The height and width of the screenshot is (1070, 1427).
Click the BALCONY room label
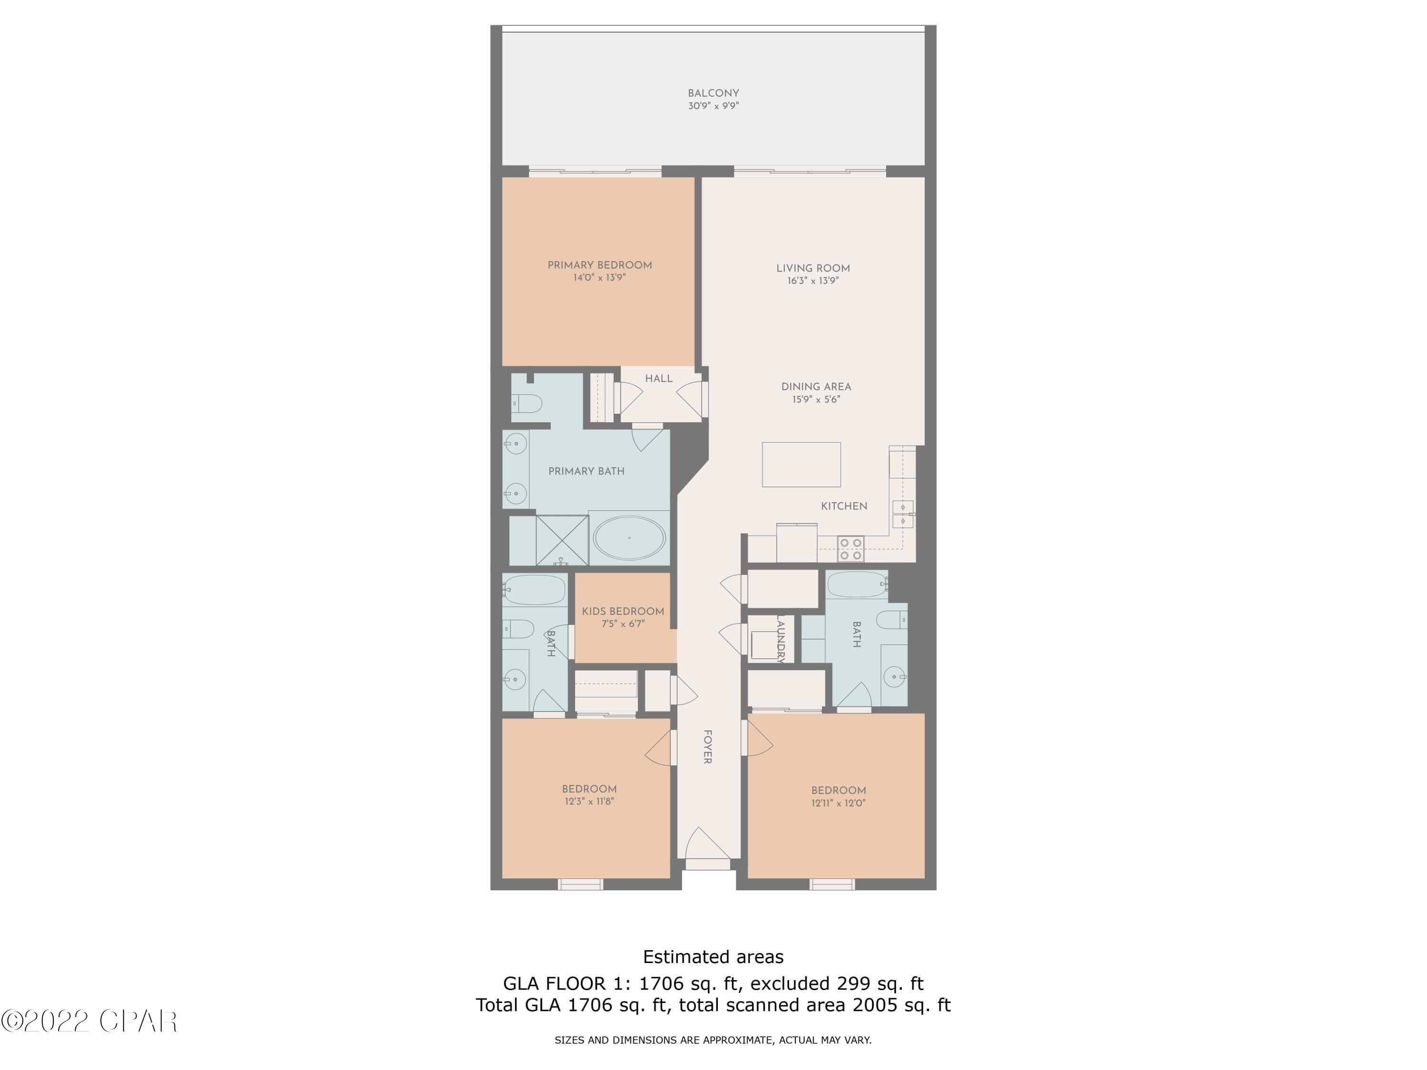click(713, 93)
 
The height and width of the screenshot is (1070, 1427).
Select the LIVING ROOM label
click(813, 268)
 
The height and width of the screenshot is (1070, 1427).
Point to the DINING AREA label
click(816, 386)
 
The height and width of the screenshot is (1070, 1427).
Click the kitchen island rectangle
click(801, 464)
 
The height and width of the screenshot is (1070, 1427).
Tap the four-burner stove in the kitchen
click(850, 549)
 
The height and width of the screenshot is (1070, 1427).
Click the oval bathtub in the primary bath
click(629, 537)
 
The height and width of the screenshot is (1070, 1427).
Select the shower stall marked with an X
click(562, 540)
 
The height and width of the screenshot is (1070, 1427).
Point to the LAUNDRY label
click(780, 639)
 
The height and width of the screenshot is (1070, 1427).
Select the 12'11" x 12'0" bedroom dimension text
click(838, 803)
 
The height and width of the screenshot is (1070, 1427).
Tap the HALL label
click(659, 379)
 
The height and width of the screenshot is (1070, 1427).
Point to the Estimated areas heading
click(713, 956)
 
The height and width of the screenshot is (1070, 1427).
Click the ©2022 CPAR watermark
click(89, 1021)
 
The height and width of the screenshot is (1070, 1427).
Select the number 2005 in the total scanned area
click(873, 1005)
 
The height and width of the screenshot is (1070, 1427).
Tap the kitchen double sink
click(902, 514)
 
